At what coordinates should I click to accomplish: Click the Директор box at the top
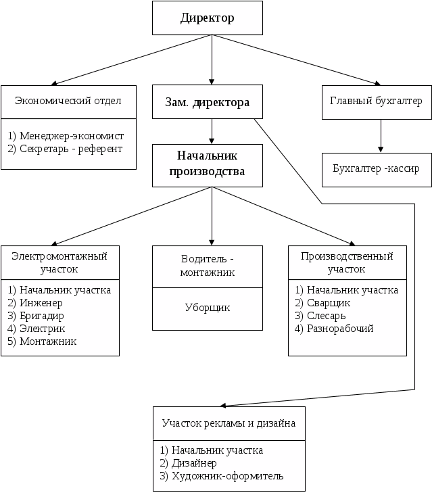point(207,18)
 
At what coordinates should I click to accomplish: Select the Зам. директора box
point(207,103)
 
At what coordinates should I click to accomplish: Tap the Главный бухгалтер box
point(376,101)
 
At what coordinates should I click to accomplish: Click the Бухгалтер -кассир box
point(376,167)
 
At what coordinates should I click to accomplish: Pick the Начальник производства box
point(207,165)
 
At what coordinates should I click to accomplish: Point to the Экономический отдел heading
point(68,101)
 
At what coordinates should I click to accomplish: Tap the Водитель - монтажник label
point(207,266)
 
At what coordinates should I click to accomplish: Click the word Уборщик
point(207,308)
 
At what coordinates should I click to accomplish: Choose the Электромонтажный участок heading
point(59,262)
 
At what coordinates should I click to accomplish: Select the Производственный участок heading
point(346,262)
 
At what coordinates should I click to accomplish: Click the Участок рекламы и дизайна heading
point(229,423)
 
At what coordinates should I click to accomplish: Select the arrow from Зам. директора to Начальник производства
point(213,131)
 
